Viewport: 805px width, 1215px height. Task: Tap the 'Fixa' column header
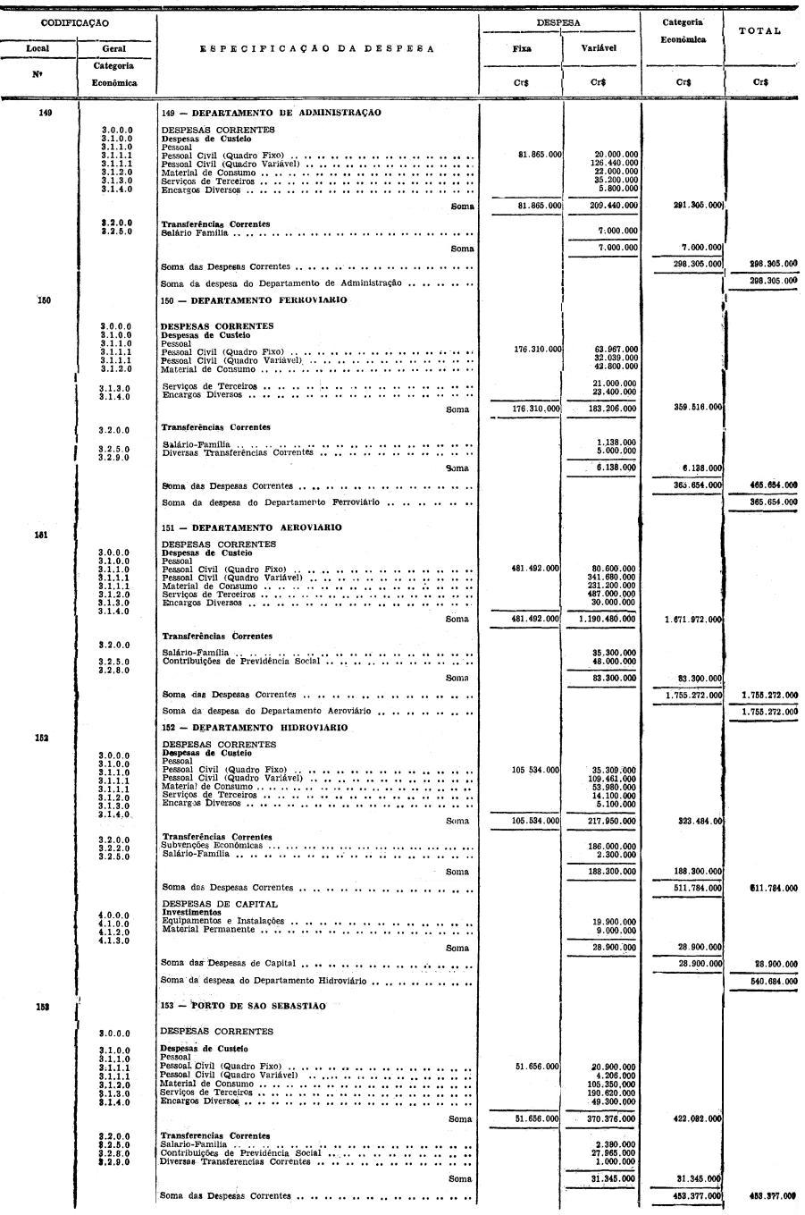[522, 49]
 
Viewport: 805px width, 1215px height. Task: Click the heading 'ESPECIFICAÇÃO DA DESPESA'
[317, 49]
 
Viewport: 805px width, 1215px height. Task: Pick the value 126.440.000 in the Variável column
[614, 163]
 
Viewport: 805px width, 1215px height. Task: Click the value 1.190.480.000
[608, 619]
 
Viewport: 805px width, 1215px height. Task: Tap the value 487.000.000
[614, 594]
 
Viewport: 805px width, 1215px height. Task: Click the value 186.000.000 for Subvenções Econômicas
[614, 846]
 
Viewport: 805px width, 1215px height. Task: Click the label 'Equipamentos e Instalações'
[222, 920]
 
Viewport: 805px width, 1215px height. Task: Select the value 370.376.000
[614, 1118]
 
